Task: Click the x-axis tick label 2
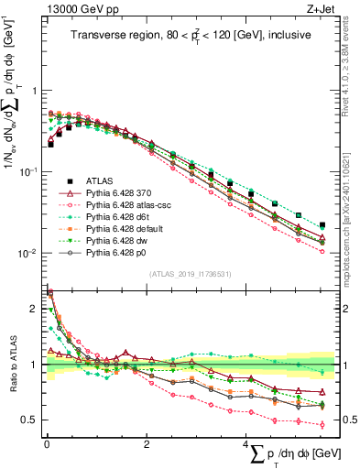(147, 445)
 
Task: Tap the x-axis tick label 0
(47, 445)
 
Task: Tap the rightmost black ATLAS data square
(322, 224)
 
